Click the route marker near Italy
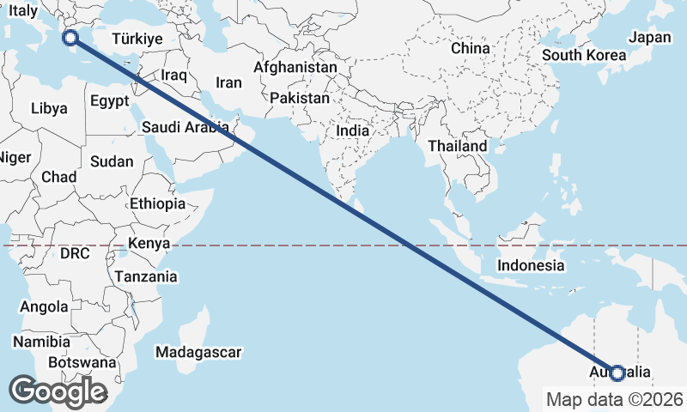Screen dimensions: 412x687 [71, 37]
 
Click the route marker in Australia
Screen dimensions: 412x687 [617, 373]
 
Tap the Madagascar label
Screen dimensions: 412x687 [199, 352]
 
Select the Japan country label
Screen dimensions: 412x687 [650, 37]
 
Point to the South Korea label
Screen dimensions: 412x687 [584, 55]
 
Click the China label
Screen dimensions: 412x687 [470, 48]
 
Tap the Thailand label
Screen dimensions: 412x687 [458, 147]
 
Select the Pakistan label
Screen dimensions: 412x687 [299, 99]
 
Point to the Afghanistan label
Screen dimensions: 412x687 [296, 67]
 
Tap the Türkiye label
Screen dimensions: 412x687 [137, 39]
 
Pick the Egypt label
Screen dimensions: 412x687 [109, 100]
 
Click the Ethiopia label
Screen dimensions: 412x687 [157, 204]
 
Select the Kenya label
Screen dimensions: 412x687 [149, 243]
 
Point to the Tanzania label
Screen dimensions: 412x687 [146, 276]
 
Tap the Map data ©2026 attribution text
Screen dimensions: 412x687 [615, 399]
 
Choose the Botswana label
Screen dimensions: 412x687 [82, 362]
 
